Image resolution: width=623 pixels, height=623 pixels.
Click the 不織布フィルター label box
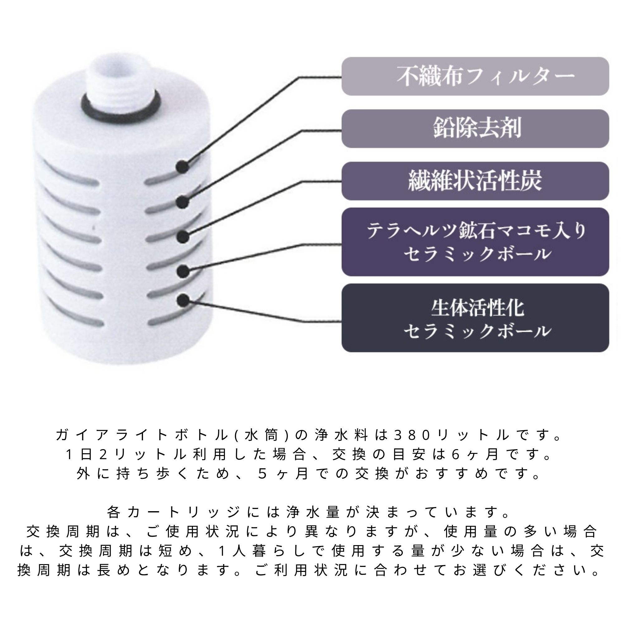[475, 76]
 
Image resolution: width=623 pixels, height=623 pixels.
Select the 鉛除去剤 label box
[475, 129]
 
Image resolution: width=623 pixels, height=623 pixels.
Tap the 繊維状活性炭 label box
[475, 181]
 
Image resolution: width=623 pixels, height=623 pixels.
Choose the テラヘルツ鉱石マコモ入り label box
[475, 242]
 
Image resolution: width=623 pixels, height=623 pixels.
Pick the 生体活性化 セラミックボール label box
[475, 318]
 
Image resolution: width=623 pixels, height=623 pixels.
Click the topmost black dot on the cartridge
[183, 166]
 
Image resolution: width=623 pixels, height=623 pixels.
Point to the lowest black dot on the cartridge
[183, 300]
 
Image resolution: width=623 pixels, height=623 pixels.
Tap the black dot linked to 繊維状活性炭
[183, 236]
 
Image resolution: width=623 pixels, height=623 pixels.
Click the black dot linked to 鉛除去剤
[183, 202]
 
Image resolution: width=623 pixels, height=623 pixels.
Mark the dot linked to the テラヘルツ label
[183, 271]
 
